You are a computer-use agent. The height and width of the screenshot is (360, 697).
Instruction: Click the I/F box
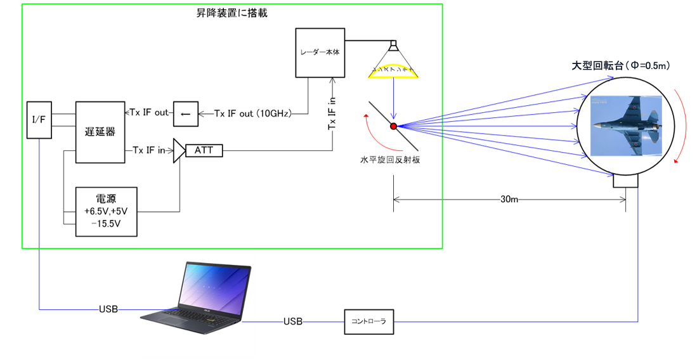pos(39,119)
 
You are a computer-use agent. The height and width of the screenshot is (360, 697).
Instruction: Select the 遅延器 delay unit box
pos(100,132)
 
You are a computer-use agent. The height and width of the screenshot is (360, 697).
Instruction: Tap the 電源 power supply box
pos(106,212)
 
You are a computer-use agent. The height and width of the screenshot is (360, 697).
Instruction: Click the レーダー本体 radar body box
pos(320,53)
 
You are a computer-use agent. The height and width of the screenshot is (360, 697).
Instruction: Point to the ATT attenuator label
pos(204,150)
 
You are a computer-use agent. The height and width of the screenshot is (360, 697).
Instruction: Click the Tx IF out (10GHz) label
pos(252,113)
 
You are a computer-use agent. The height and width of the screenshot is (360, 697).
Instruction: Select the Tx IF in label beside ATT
pos(149,150)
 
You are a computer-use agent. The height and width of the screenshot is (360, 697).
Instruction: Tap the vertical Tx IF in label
pos(332,115)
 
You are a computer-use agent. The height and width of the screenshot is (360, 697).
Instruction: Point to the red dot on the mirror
pos(393,127)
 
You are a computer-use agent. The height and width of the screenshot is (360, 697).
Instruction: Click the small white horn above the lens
pos(394,46)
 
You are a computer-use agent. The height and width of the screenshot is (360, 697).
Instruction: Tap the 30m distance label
pos(509,200)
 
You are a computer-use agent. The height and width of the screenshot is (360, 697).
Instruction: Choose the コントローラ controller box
pos(368,321)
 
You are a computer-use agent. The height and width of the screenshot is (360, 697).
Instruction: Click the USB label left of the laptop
pos(108,309)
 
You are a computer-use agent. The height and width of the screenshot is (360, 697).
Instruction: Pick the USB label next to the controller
pos(293,322)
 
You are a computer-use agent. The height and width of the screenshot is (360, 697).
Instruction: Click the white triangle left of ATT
pos(178,150)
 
